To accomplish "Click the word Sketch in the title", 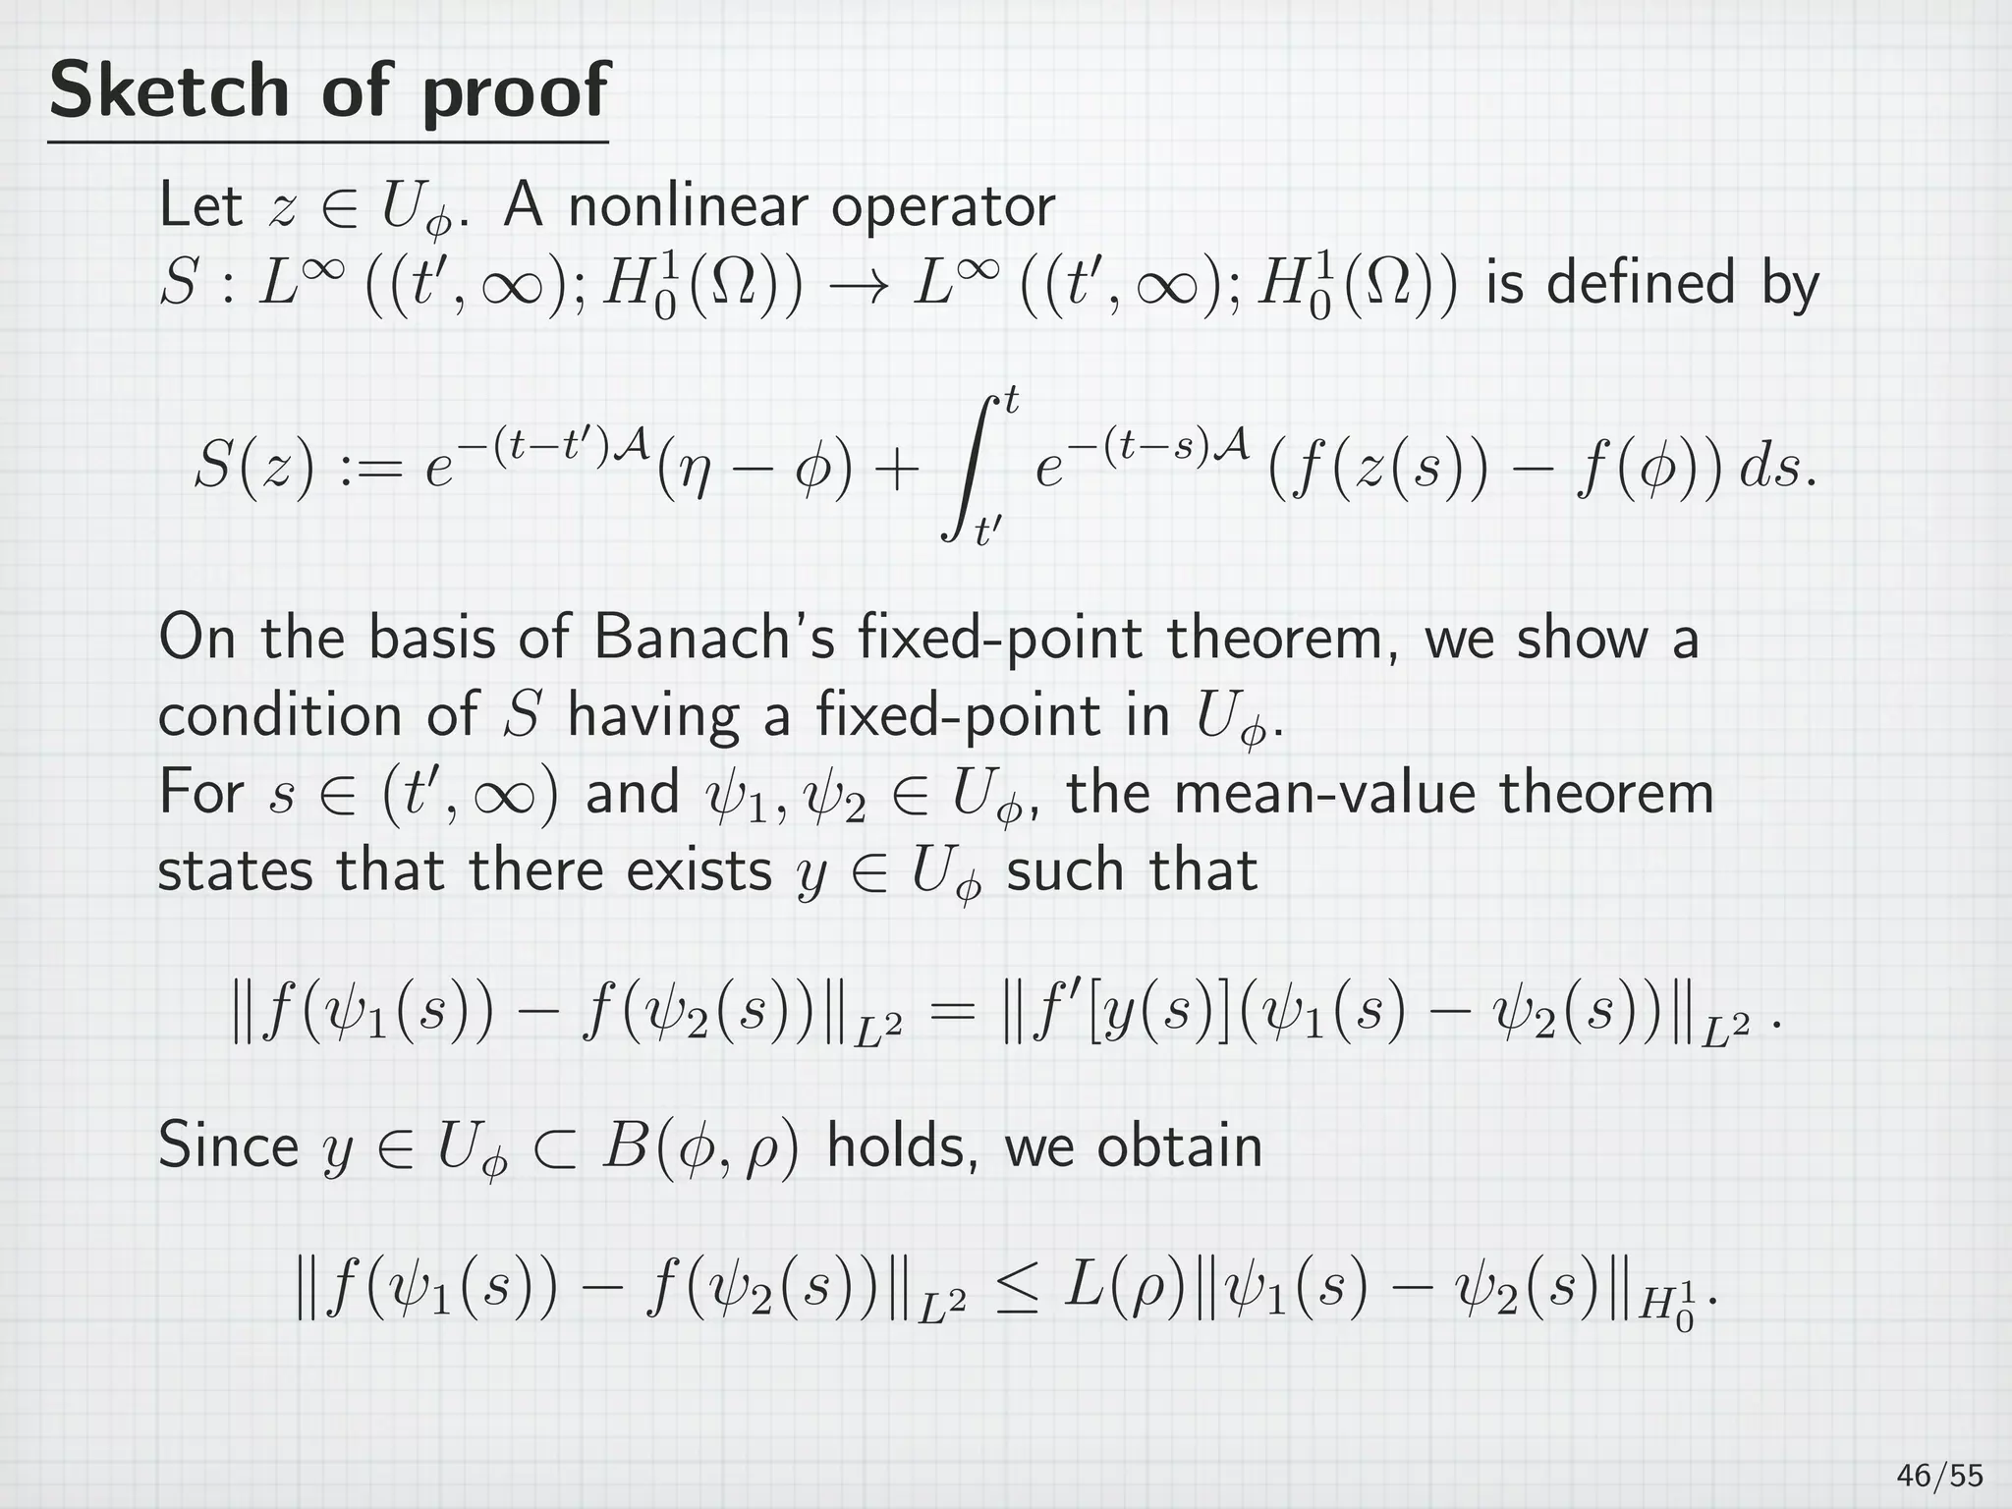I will point(168,90).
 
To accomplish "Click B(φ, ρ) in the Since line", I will point(699,1146).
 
